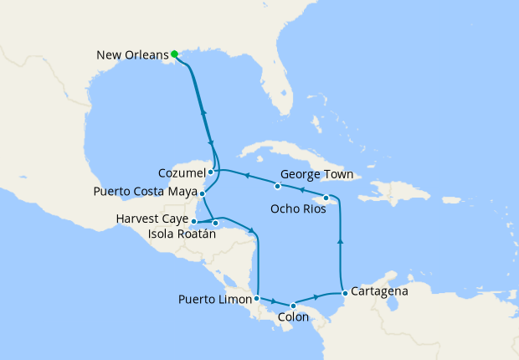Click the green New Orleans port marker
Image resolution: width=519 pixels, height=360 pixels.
tap(174, 54)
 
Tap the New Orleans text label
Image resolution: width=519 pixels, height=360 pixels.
tap(131, 56)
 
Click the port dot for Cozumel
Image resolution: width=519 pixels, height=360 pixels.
tap(211, 172)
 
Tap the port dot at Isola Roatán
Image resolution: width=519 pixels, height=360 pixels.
tap(216, 223)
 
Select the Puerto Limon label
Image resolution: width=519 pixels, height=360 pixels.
tap(214, 299)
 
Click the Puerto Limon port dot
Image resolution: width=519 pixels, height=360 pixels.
tap(256, 298)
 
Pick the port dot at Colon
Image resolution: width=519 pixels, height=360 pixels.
tap(293, 306)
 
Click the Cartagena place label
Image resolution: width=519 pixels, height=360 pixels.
tap(380, 291)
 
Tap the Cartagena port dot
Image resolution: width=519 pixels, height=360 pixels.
tap(345, 293)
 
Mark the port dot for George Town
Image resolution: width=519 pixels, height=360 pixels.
tap(277, 185)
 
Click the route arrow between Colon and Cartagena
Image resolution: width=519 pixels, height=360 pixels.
tap(316, 296)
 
